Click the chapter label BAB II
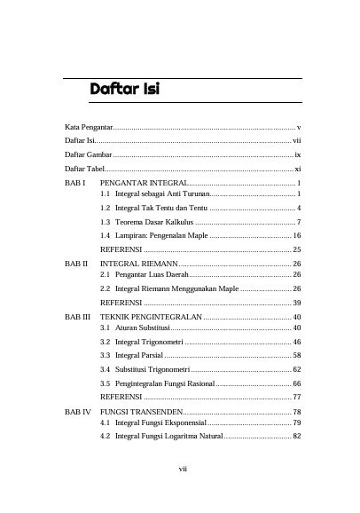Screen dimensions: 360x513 coord(75,264)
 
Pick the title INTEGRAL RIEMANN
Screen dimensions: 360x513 coord(138,264)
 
